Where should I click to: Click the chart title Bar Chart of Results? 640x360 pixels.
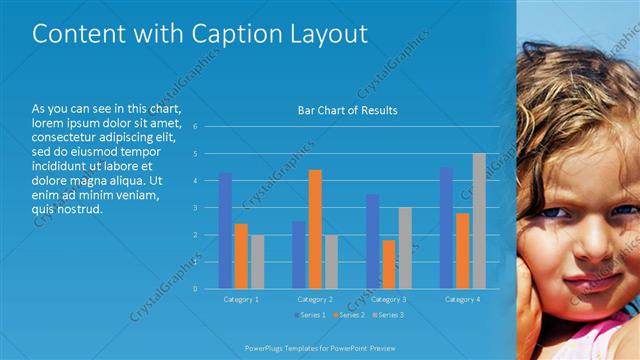click(x=347, y=110)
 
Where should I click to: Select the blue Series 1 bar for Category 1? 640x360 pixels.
click(x=225, y=230)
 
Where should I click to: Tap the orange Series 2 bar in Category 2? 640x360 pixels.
click(x=315, y=229)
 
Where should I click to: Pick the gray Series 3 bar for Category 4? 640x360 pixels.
click(x=479, y=221)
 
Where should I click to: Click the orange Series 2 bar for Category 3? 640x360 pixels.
click(x=388, y=264)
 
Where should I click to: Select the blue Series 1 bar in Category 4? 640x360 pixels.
click(x=446, y=228)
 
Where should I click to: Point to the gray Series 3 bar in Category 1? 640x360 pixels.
click(x=258, y=261)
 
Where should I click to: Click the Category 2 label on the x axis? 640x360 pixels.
click(x=315, y=299)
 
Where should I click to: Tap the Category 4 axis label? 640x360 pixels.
click(x=461, y=299)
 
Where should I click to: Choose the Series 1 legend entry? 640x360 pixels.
click(x=310, y=315)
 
